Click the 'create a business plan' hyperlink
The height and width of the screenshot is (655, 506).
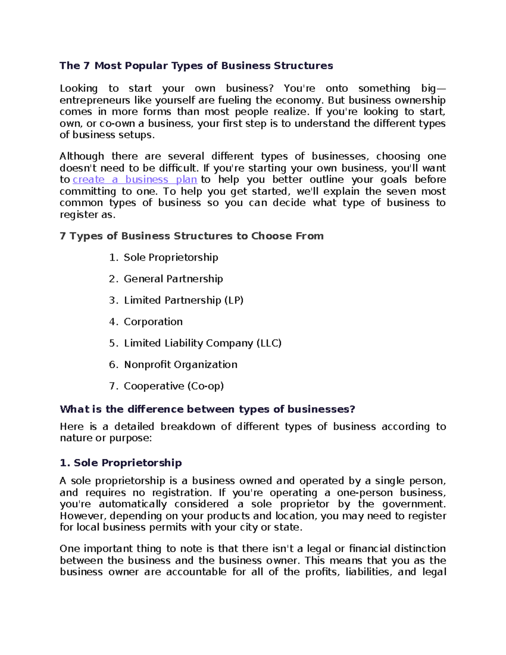click(x=135, y=180)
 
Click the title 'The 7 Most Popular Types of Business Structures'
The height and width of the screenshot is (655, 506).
click(x=196, y=66)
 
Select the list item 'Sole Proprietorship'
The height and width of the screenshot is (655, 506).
click(x=171, y=257)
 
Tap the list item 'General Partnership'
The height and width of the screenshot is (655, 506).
click(x=173, y=279)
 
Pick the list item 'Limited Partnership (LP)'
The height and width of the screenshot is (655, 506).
click(x=183, y=300)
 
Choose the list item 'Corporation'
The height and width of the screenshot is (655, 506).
click(x=153, y=322)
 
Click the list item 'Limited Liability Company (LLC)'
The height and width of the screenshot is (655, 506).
click(x=202, y=343)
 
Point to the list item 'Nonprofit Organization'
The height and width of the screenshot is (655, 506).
click(x=180, y=365)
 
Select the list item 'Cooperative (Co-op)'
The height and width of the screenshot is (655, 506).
click(x=174, y=386)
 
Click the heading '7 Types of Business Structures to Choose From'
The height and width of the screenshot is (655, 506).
click(x=191, y=236)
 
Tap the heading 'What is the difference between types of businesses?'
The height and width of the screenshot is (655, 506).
click(x=207, y=409)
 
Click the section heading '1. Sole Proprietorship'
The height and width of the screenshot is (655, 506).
click(x=121, y=463)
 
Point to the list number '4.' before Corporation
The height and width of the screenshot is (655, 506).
click(x=113, y=322)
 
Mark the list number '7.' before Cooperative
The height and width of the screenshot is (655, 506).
click(x=113, y=386)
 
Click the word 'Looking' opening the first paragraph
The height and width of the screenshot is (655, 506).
click(x=78, y=89)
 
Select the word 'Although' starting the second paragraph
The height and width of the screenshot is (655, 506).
click(x=82, y=156)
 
